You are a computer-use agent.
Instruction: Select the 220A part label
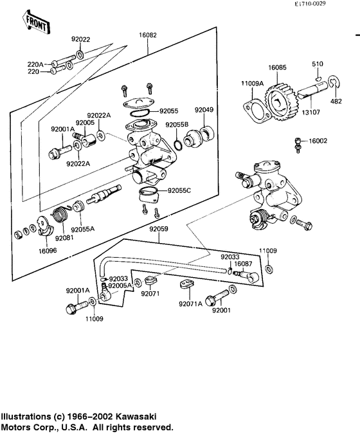(35, 64)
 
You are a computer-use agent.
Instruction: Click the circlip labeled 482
(336, 101)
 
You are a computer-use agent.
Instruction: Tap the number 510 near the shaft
(318, 64)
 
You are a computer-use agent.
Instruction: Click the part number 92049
(204, 109)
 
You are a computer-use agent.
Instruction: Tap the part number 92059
(159, 229)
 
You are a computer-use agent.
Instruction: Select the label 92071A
(191, 304)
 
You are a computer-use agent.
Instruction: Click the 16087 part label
(243, 264)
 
